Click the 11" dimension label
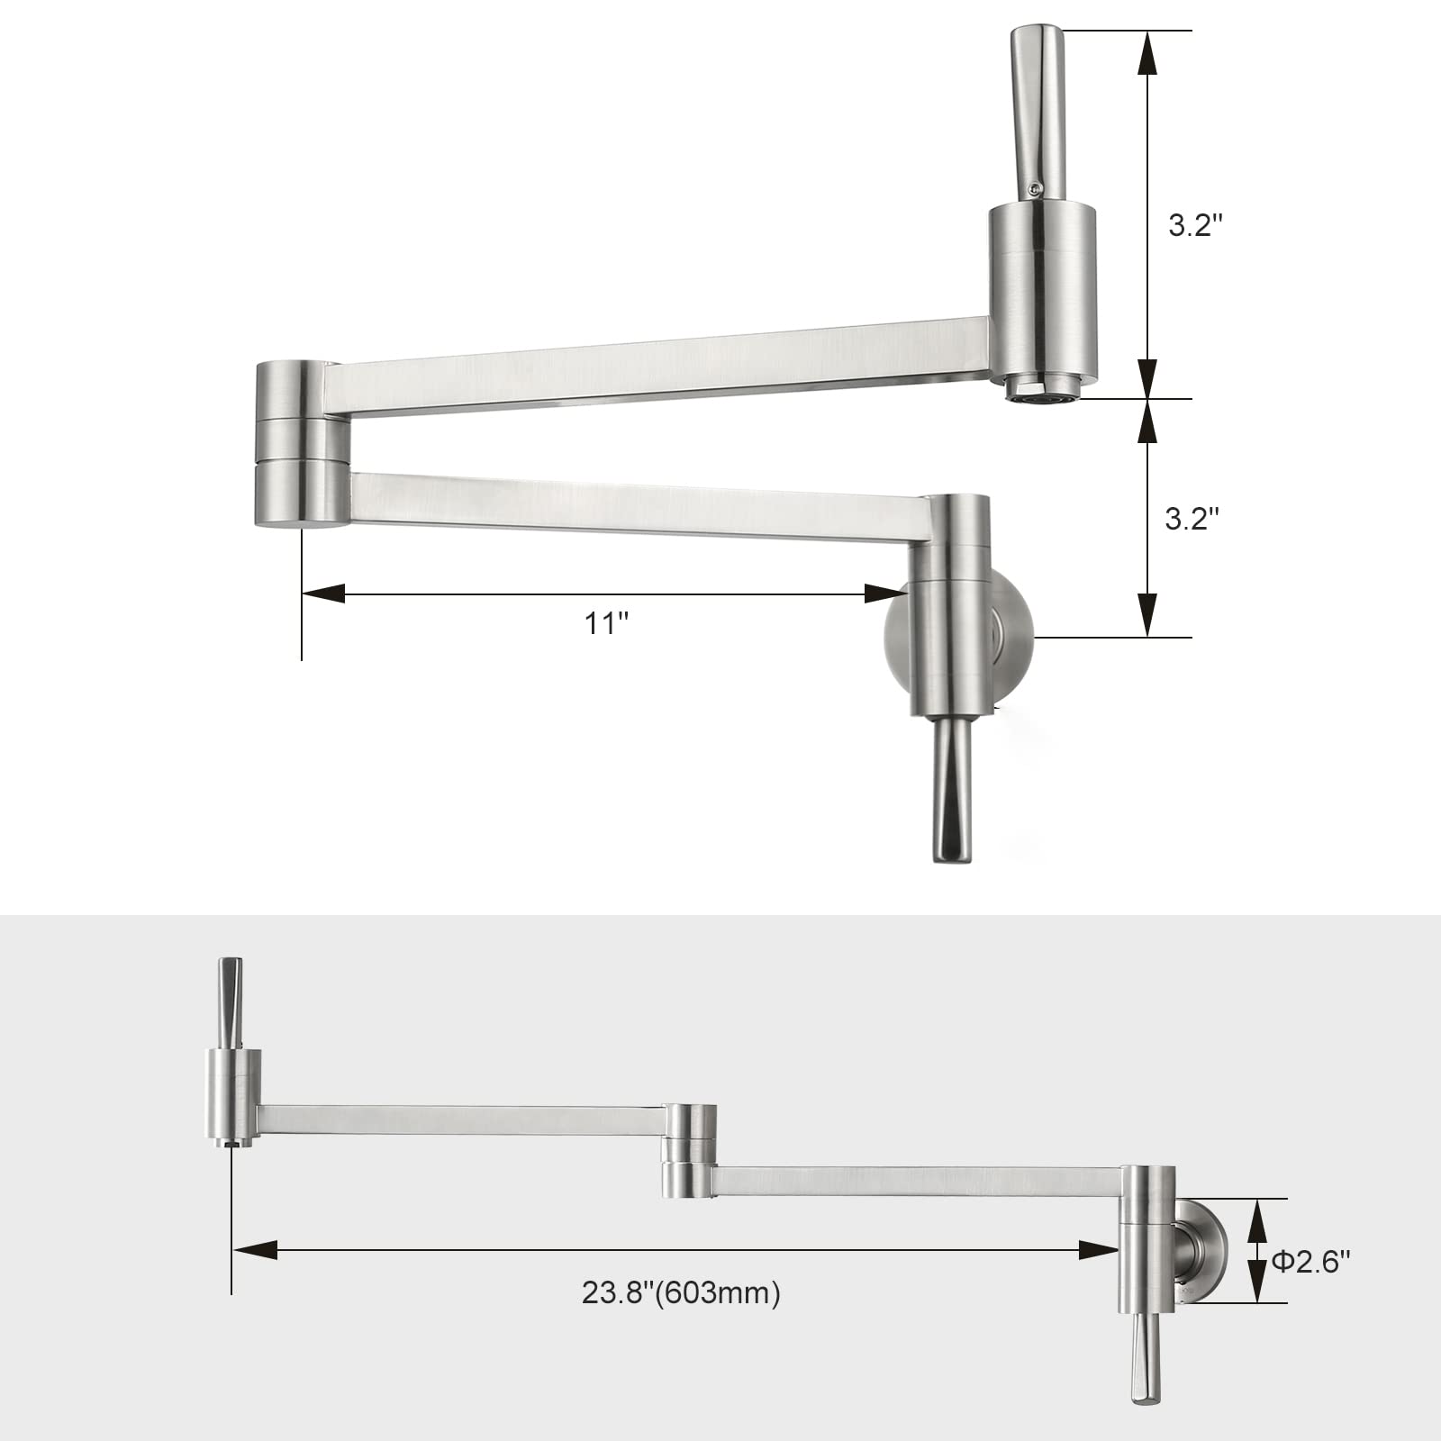(x=606, y=623)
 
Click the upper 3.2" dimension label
(x=1195, y=225)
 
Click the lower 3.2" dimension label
(x=1192, y=518)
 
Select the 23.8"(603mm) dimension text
(x=681, y=1292)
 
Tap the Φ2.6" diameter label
(x=1311, y=1262)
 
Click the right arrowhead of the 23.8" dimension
(x=1098, y=1249)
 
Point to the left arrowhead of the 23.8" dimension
(x=255, y=1249)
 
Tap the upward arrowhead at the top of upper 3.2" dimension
(x=1146, y=54)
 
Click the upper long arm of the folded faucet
(x=657, y=370)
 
